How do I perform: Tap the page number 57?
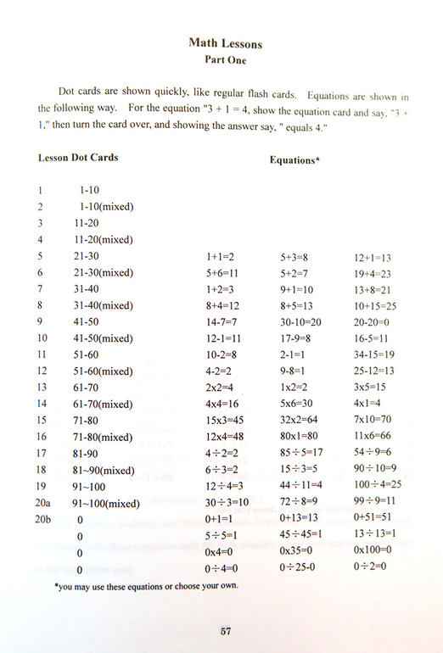[x=225, y=630]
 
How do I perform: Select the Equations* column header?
[x=294, y=159]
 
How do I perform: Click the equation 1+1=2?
[x=221, y=255]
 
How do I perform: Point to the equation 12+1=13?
[x=373, y=255]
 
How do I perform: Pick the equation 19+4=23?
[x=373, y=272]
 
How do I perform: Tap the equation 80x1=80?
[x=299, y=439]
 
